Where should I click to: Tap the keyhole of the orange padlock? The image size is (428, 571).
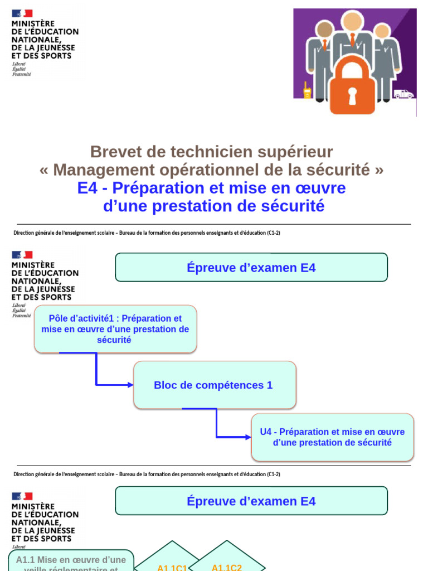[352, 96]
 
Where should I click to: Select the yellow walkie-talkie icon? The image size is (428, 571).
[307, 91]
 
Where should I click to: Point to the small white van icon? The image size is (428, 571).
[403, 94]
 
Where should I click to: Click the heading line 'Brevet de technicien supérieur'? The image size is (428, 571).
[212, 151]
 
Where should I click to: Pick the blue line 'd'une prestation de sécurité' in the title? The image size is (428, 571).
[214, 206]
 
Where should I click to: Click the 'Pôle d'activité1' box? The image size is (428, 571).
[115, 329]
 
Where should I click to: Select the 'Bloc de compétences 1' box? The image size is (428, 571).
[214, 385]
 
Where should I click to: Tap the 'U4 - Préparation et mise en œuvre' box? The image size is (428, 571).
[332, 437]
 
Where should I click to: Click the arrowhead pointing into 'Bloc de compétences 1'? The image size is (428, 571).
[130, 385]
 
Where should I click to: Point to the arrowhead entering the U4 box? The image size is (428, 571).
[249, 437]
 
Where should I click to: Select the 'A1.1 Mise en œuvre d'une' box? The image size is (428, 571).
[71, 560]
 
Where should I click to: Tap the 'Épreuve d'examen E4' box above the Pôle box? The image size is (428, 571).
[251, 268]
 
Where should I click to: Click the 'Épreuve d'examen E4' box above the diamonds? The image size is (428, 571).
[251, 501]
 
